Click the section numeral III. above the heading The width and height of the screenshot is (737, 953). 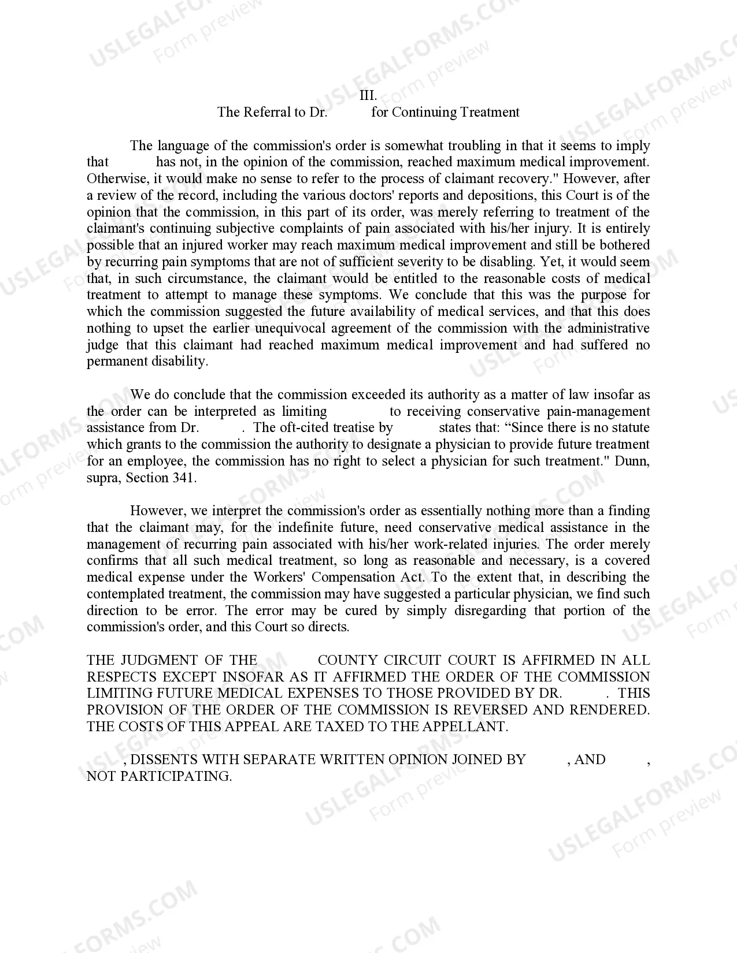pyautogui.click(x=368, y=96)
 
